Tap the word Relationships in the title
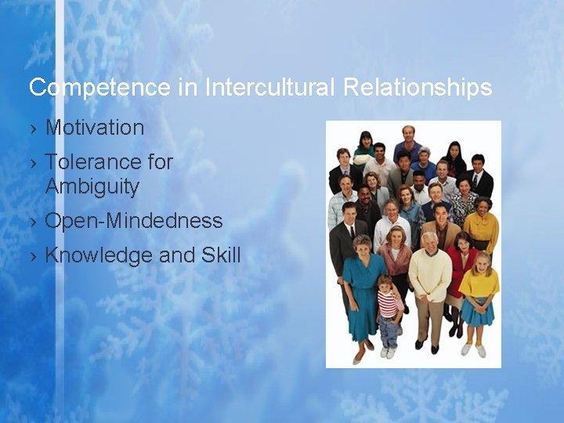click(x=418, y=87)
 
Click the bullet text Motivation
click(x=95, y=128)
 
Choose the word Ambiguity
click(x=92, y=186)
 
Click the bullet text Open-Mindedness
click(x=134, y=221)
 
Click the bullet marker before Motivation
click(x=33, y=128)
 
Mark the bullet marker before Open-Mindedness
click(x=33, y=222)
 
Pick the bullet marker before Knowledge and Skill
click(x=33, y=256)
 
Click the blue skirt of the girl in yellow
click(x=476, y=313)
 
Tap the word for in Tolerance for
click(x=160, y=162)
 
